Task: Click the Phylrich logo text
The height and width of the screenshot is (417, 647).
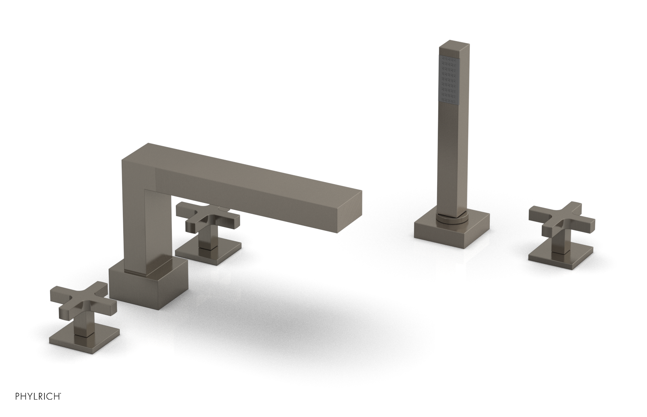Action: click(x=32, y=405)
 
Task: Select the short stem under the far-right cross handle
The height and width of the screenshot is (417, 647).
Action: click(x=560, y=242)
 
